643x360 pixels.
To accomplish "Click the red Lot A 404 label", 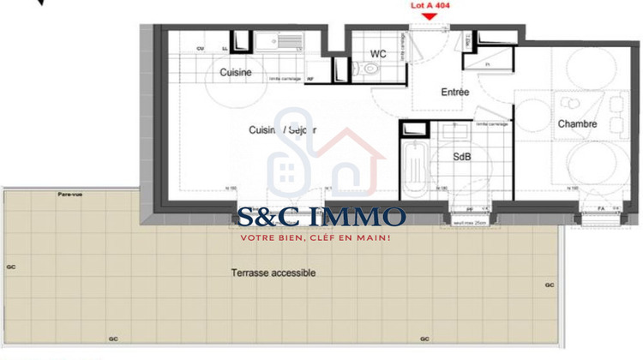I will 430,4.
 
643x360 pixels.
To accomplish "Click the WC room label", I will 377,53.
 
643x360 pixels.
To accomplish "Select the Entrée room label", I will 455,92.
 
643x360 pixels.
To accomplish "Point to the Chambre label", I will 577,124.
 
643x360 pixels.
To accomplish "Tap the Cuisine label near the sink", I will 236,73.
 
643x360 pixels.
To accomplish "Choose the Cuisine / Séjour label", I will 282,129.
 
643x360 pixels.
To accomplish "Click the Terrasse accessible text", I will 273,273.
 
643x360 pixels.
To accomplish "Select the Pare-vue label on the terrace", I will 69,195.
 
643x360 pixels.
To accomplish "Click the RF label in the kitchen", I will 309,79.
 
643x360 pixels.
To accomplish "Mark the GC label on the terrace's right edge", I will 550,285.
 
